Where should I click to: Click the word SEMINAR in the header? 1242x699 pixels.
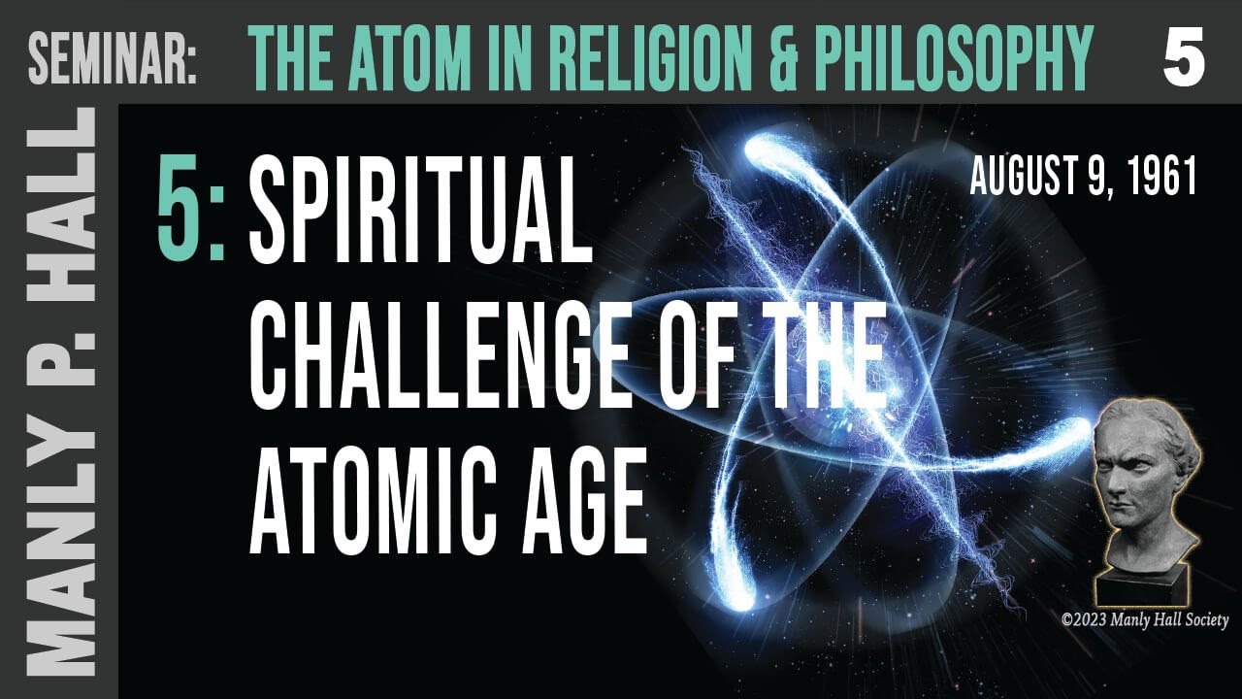[113, 56]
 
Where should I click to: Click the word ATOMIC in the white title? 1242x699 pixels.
[374, 495]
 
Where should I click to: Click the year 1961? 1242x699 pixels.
[1163, 180]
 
